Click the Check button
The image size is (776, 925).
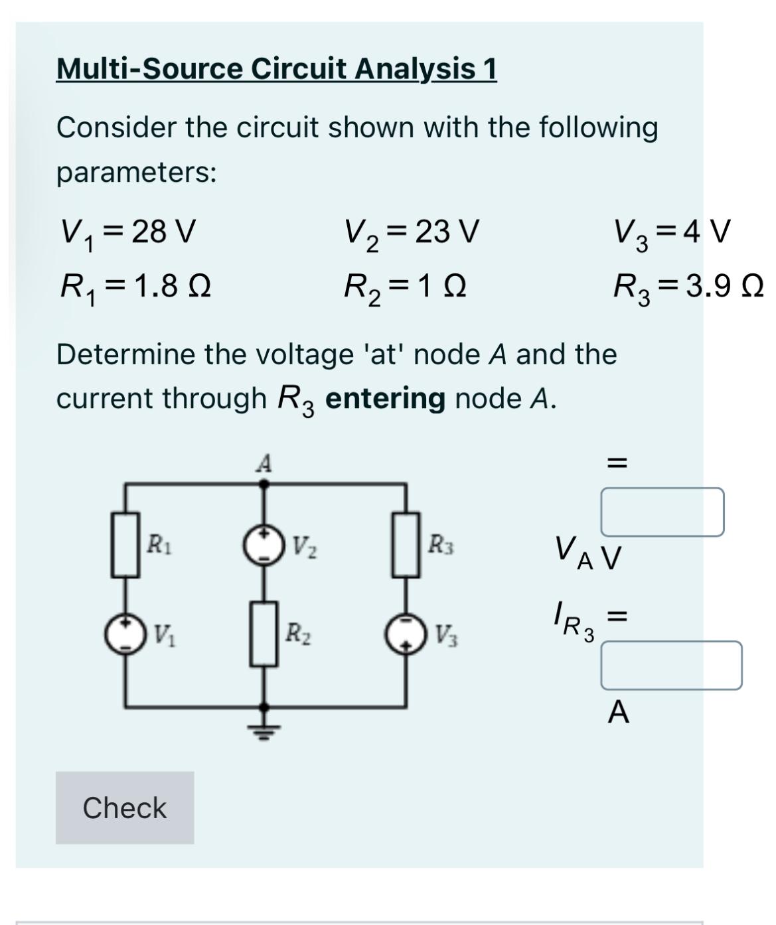[125, 808]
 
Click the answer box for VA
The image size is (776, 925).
[662, 512]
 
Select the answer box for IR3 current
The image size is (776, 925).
[671, 666]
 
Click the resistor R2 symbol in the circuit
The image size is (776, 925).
[264, 634]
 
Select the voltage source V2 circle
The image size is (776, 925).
[264, 545]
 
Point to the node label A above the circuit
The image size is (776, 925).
[264, 463]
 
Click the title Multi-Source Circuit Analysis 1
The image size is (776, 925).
[276, 68]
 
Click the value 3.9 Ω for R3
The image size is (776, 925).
[725, 287]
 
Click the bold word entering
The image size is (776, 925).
[385, 398]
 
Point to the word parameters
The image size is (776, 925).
[136, 173]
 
